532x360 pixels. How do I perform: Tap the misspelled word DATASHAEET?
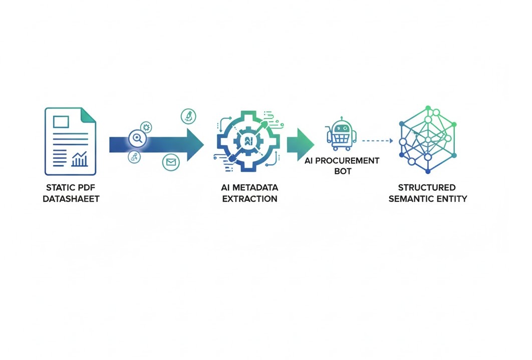click(71, 199)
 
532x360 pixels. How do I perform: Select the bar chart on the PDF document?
click(80, 160)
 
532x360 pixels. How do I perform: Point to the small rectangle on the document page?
click(61, 121)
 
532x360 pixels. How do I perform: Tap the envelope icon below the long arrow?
click(171, 162)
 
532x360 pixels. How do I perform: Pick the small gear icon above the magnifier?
click(146, 126)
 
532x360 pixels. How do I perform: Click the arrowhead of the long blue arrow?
click(195, 144)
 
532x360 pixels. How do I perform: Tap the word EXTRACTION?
click(249, 199)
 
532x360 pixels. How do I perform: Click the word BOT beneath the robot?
click(342, 171)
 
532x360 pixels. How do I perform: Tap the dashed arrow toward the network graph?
click(377, 141)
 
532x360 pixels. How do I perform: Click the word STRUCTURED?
click(427, 188)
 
